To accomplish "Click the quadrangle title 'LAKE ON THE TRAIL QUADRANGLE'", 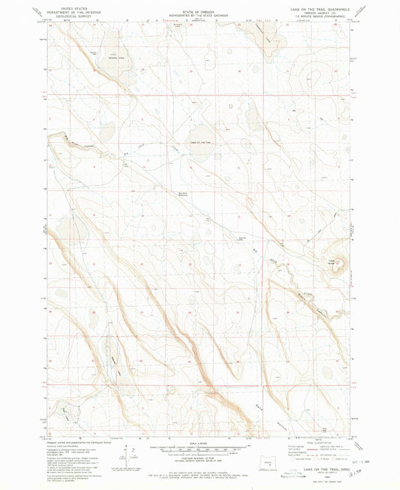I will coord(315,8).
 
